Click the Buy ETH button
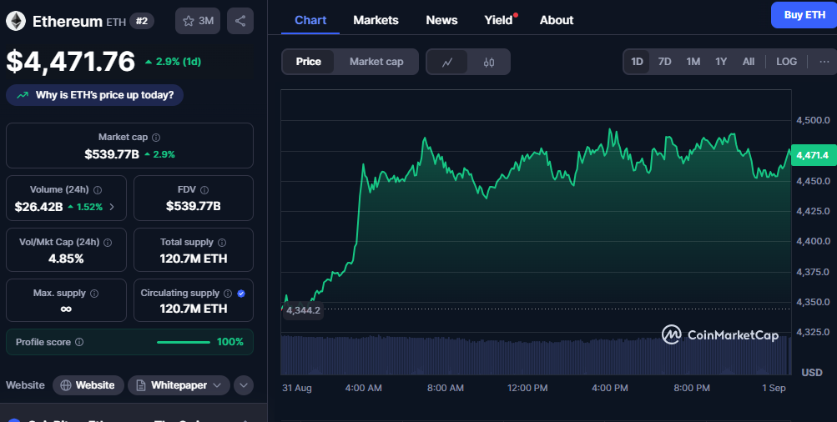point(804,15)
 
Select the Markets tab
point(376,20)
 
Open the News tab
point(441,20)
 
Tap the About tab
point(557,20)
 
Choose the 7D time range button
point(664,62)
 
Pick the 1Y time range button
point(721,62)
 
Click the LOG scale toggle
point(786,62)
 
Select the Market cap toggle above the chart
point(376,62)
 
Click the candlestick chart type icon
point(489,62)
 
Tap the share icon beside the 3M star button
point(240,21)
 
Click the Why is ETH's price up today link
point(104,95)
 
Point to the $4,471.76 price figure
point(70,61)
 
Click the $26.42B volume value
point(38,206)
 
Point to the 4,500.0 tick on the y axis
point(813,120)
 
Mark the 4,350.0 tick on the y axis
point(813,302)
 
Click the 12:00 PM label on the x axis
point(527,389)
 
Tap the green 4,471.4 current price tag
point(812,155)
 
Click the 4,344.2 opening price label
point(303,310)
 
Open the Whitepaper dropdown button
point(179,385)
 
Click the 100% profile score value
point(230,342)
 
